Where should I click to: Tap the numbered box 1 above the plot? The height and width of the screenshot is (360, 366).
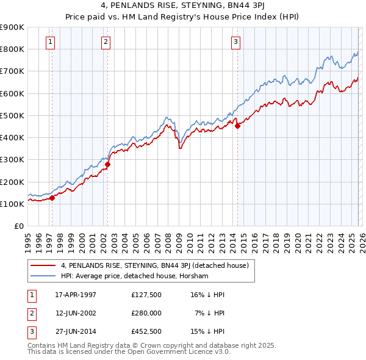50,42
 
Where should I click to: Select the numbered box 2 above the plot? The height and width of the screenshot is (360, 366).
106,42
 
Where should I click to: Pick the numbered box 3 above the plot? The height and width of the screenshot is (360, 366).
235,42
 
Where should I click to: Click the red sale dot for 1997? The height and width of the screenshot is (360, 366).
52,198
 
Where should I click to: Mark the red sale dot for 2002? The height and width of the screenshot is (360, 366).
108,164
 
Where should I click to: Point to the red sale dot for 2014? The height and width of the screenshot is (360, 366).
238,126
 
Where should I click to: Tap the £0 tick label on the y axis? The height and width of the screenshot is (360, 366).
18,226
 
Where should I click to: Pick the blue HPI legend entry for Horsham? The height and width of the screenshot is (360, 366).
134,276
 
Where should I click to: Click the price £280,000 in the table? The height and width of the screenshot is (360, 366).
146,313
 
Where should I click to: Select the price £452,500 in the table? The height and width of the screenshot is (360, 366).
146,331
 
